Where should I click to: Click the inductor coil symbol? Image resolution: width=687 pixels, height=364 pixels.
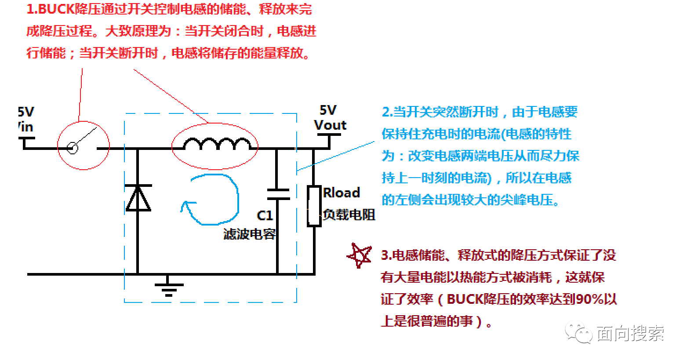[x=217, y=143]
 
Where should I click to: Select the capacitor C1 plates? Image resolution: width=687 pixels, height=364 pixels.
[x=278, y=194]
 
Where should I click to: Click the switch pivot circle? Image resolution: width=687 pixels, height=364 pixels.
[x=73, y=149]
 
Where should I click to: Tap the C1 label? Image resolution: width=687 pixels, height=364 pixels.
[x=265, y=215]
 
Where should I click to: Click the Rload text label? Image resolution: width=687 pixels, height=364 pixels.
[x=342, y=193]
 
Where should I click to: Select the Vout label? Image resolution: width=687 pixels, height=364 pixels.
[x=330, y=125]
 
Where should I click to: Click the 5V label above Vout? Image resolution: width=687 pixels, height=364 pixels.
[x=328, y=110]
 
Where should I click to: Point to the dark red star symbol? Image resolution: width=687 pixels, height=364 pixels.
[x=360, y=255]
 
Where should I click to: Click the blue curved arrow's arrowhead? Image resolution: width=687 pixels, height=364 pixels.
[x=186, y=205]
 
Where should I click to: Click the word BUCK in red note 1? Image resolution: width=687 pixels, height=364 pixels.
[x=56, y=9]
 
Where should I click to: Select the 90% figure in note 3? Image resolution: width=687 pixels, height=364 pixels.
[x=590, y=299]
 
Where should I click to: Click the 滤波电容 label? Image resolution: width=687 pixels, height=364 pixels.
[x=250, y=234]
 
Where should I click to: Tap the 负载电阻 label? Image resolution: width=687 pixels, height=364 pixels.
[x=349, y=215]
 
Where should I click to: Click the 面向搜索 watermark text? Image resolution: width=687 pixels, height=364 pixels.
[x=630, y=333]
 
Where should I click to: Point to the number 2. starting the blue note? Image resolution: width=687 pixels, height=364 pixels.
[x=387, y=112]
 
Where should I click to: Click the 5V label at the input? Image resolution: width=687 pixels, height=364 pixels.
[x=26, y=112]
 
